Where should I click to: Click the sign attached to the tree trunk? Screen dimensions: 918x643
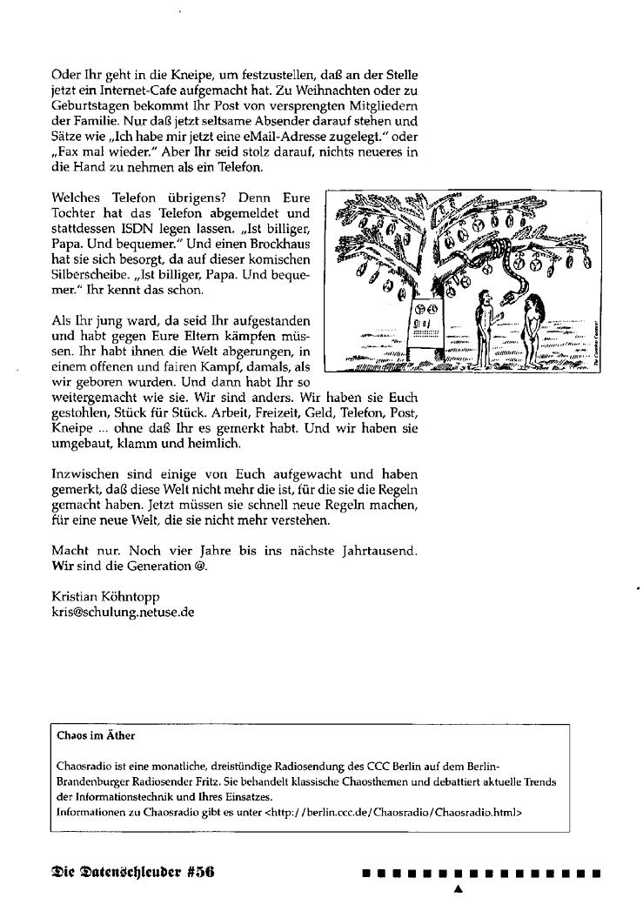point(425,326)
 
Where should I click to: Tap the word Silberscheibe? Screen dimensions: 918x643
point(89,276)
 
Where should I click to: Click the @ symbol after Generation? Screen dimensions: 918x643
point(204,566)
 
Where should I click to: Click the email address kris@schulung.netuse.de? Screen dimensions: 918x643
point(123,612)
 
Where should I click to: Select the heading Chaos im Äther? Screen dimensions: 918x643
point(96,735)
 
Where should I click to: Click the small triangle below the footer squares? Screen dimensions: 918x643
point(458,889)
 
